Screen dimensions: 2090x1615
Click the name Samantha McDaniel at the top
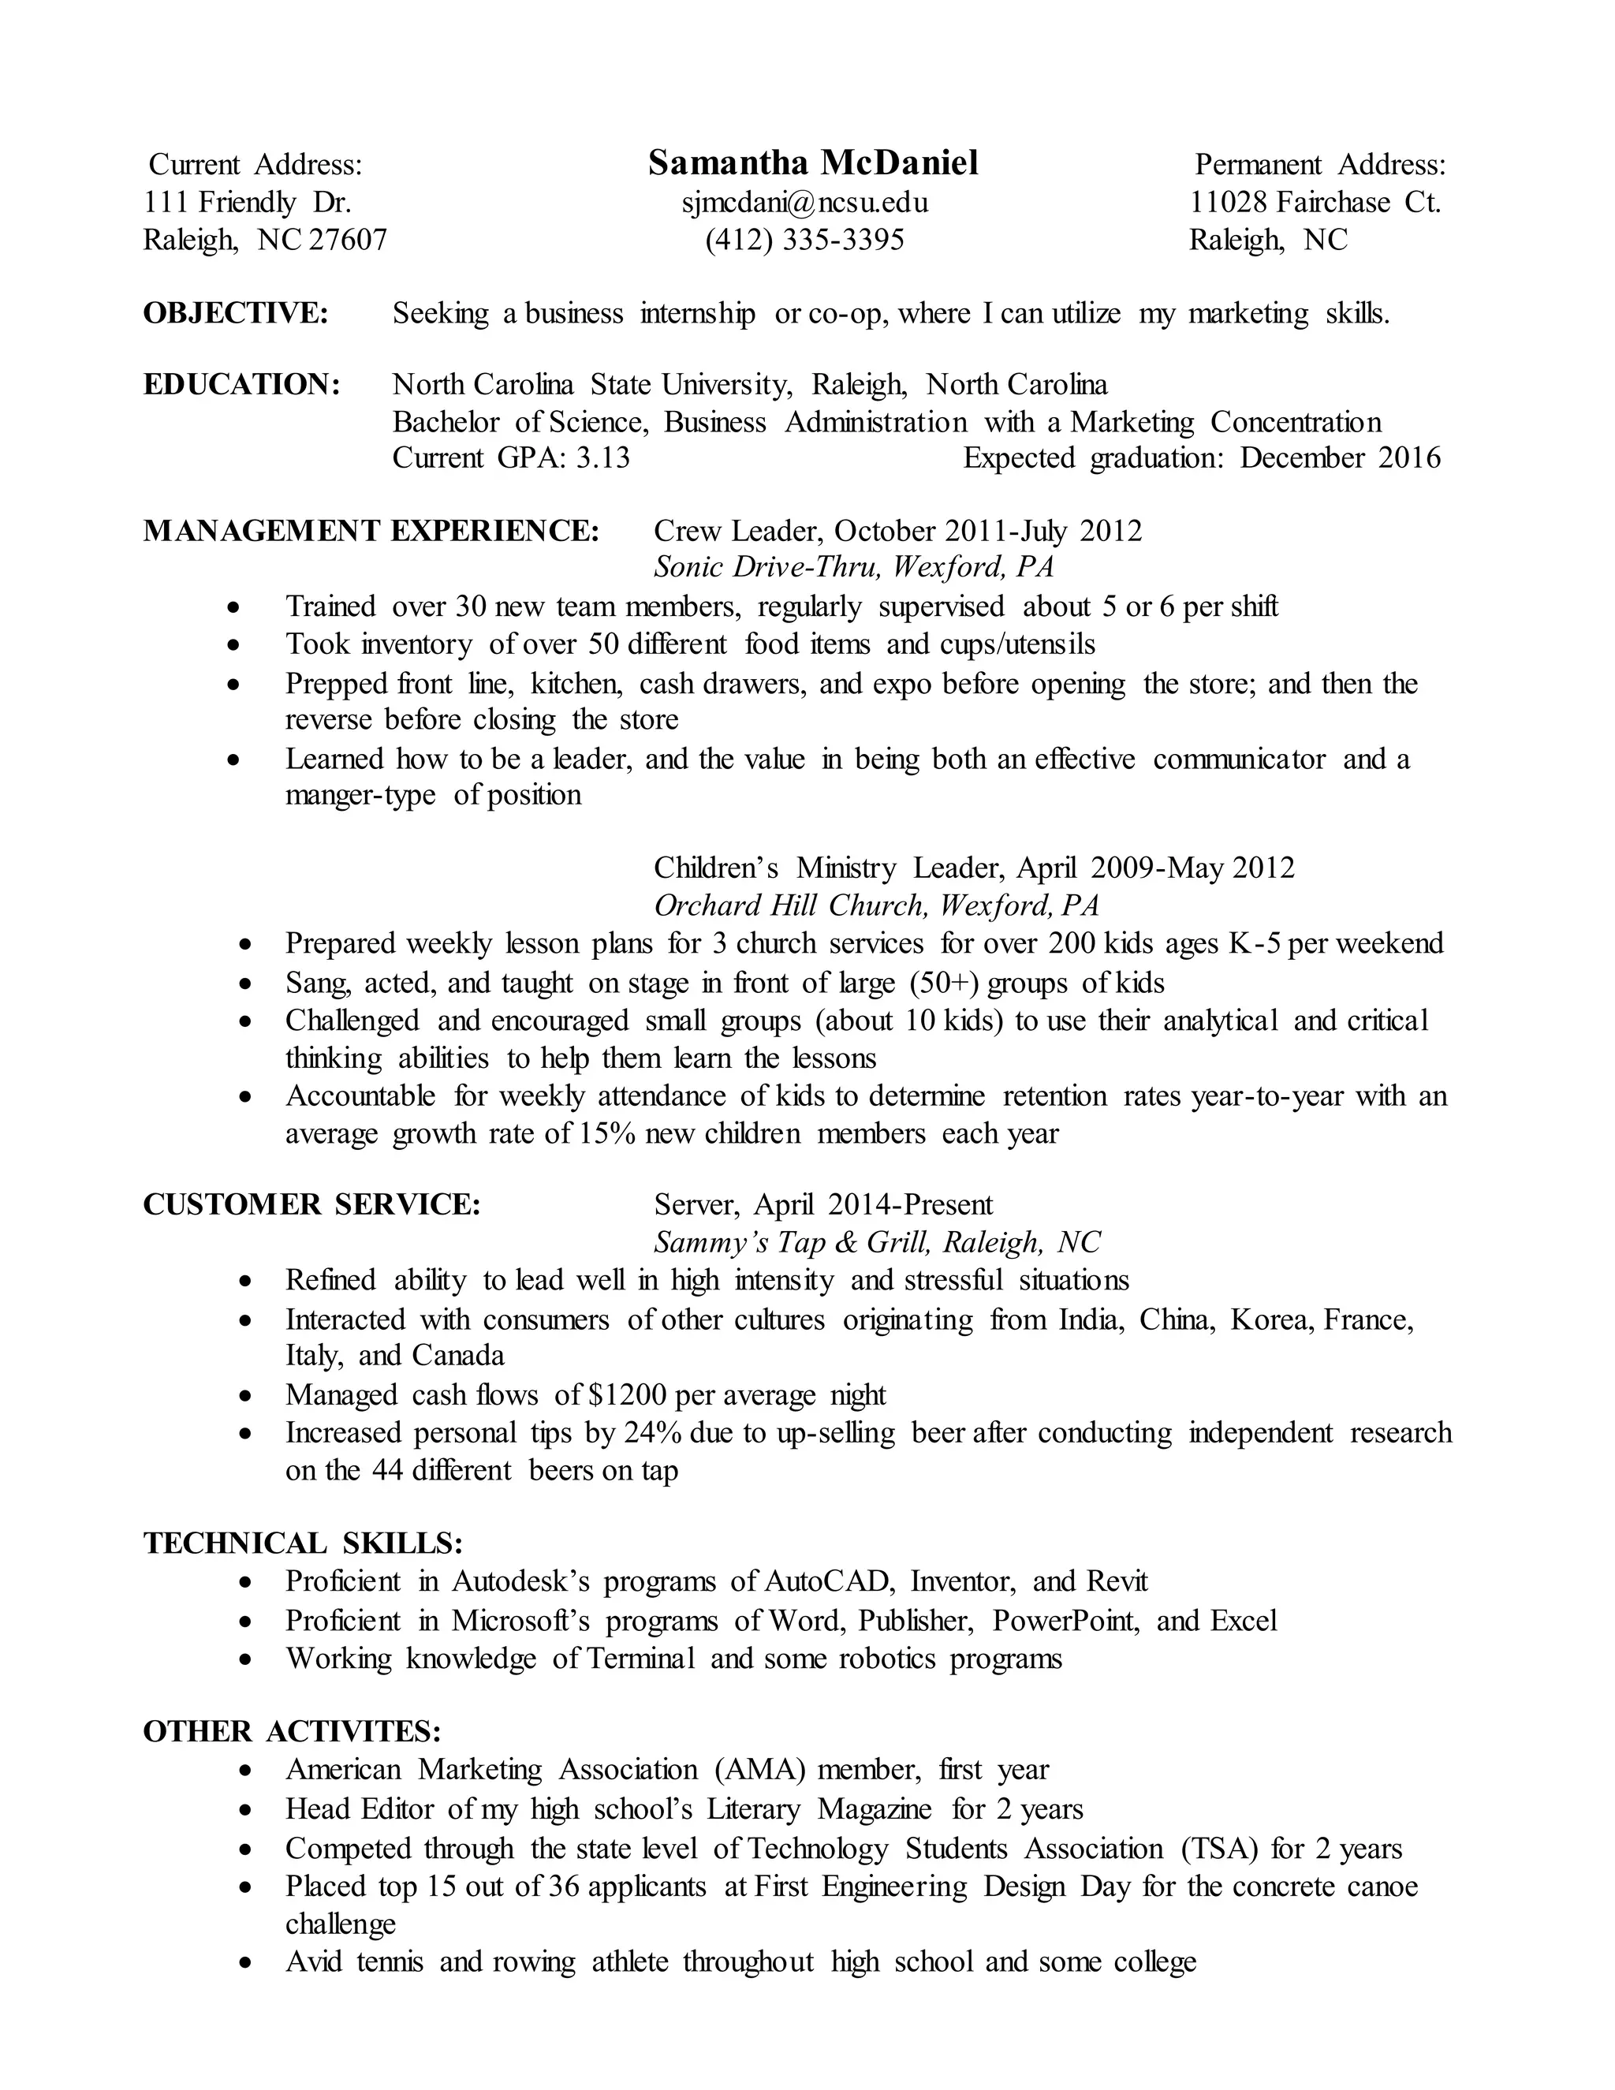tap(812, 163)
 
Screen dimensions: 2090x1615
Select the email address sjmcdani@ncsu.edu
tap(804, 202)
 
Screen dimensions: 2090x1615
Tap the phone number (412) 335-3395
tap(804, 239)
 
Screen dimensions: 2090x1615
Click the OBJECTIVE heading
tap(235, 313)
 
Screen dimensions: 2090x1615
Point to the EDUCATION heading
tap(242, 385)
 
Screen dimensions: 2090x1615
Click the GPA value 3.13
tap(602, 458)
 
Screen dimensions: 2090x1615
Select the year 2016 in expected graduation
tap(1408, 458)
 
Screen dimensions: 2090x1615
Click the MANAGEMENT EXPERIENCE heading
tap(371, 530)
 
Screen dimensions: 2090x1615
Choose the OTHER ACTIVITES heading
tap(292, 1731)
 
